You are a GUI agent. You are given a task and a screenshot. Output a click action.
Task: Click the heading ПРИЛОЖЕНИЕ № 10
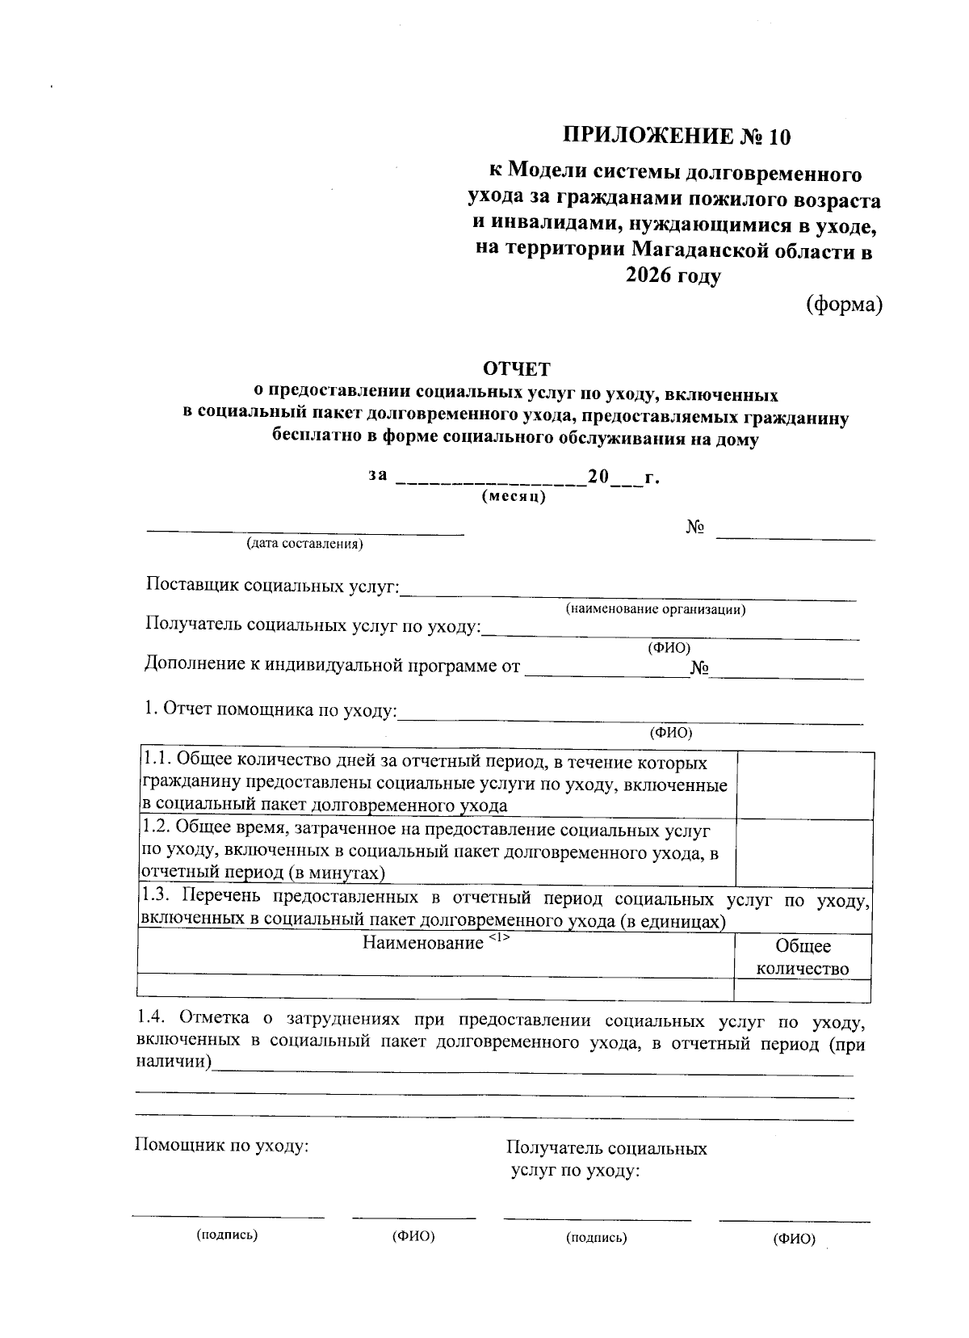(676, 136)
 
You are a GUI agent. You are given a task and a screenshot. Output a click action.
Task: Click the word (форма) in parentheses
(843, 305)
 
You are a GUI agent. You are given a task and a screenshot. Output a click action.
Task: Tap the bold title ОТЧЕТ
(516, 369)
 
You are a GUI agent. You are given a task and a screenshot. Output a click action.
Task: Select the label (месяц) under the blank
(514, 496)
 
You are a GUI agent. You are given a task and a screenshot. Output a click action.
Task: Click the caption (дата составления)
(305, 544)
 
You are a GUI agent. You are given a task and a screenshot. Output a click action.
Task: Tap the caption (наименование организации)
(655, 609)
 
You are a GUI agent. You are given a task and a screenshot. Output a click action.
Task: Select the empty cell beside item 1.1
(804, 785)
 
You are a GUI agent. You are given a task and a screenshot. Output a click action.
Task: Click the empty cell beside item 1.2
(804, 852)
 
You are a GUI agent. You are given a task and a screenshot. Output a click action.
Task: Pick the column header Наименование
(422, 943)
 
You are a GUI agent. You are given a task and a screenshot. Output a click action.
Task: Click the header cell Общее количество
(803, 957)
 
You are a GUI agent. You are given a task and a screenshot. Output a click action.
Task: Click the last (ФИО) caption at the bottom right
(794, 1239)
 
